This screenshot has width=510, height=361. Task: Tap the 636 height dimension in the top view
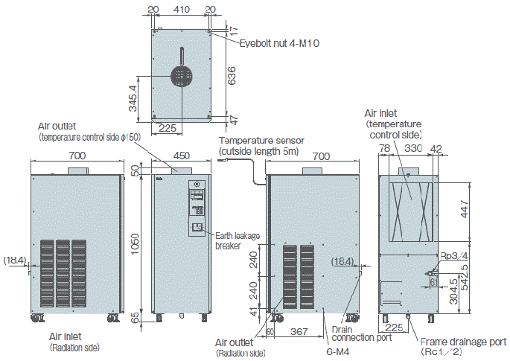pos(232,75)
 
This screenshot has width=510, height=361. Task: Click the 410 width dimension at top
pos(180,10)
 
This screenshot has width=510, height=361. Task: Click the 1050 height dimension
pos(135,242)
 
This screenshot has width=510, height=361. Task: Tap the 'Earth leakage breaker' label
pos(238,240)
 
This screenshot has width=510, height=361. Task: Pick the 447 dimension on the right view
pos(465,210)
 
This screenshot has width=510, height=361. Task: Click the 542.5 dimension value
pos(465,276)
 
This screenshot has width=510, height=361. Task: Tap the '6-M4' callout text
pos(338,351)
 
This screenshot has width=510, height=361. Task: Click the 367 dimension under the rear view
pos(299,330)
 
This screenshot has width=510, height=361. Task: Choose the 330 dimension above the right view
pos(413,149)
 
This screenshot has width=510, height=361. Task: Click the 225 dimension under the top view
pos(168,128)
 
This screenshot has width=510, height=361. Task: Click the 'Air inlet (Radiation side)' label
pos(74,342)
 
